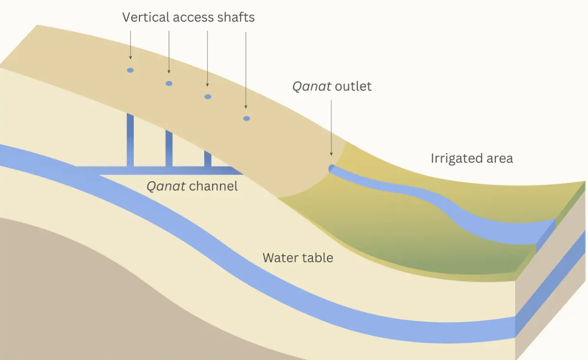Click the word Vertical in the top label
coord(145,18)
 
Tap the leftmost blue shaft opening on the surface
coord(130,70)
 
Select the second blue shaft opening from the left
coord(169,83)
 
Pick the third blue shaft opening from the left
coord(207,96)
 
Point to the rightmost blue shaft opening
coord(247,118)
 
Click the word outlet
coord(353,86)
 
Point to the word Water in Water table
coord(280,258)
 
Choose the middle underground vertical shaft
coord(169,149)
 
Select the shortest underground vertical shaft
coord(207,158)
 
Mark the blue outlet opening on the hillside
coord(332,168)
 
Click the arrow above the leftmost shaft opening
coord(130,45)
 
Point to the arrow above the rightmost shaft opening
coord(246,70)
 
